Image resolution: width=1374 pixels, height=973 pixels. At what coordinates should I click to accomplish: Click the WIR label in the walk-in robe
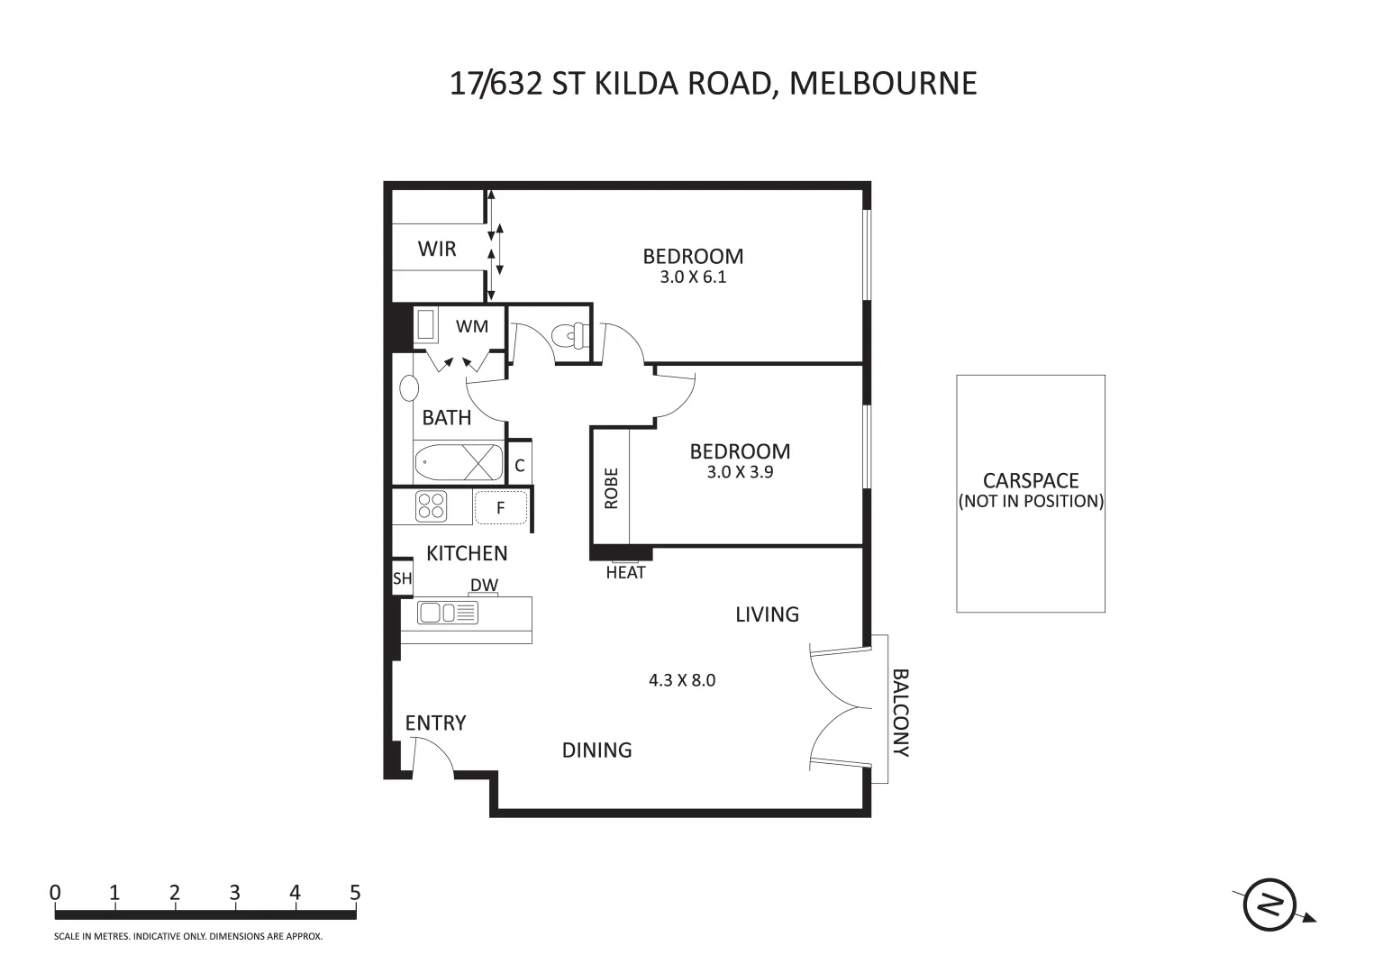437,250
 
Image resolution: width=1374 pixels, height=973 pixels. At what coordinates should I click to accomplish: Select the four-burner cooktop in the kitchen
431,506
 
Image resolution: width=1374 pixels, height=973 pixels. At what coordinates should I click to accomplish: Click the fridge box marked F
500,508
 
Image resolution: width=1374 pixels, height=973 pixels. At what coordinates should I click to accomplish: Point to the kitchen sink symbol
448,614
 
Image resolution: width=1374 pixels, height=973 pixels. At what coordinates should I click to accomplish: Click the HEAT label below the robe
625,573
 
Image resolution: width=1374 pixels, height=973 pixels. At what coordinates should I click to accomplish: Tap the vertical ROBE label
612,488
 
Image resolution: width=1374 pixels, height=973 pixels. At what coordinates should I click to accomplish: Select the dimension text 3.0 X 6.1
693,277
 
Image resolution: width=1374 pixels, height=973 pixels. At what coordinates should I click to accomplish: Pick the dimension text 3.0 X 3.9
740,471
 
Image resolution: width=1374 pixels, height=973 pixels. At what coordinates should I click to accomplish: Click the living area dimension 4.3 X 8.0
682,680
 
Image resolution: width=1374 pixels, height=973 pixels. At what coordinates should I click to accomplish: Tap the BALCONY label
900,713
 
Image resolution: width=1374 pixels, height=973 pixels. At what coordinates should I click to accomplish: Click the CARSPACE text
1031,481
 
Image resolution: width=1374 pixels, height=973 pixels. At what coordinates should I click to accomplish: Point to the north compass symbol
1270,904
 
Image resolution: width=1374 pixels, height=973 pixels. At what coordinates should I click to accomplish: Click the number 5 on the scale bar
355,893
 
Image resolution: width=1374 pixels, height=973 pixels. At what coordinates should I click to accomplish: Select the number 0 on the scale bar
56,893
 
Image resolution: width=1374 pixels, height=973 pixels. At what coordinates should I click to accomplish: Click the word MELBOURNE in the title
883,83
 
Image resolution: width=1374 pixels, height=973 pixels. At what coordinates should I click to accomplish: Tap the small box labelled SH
402,578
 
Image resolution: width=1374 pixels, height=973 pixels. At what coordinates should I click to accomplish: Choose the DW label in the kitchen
484,586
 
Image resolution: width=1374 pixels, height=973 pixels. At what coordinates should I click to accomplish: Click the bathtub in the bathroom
459,463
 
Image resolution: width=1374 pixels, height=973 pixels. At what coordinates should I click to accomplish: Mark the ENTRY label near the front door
435,723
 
